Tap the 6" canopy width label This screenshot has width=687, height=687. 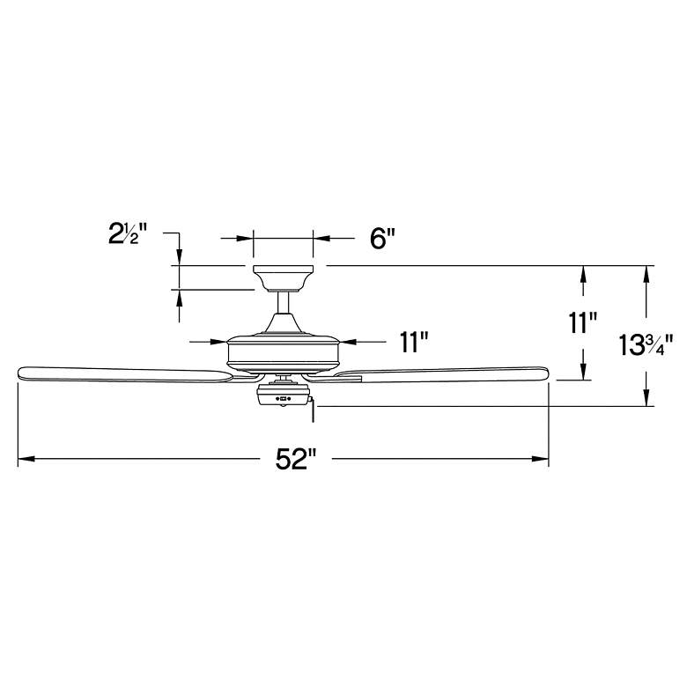tap(382, 239)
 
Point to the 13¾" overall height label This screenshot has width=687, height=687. tap(646, 344)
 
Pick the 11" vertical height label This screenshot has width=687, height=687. tap(582, 323)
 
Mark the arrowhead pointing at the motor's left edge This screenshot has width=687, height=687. tap(219, 341)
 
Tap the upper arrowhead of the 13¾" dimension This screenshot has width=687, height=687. tap(647, 274)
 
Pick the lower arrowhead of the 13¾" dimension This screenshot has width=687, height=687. tap(647, 398)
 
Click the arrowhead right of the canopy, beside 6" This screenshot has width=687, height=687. tap(322, 238)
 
